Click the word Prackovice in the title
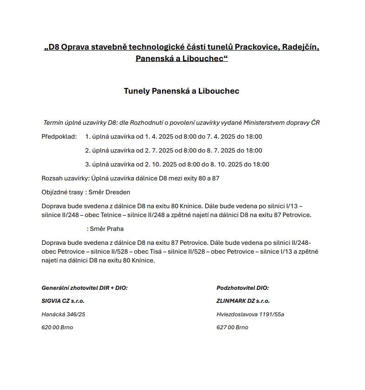257,47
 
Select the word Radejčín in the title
301,47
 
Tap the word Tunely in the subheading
137,91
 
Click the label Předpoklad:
59,137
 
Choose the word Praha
115,229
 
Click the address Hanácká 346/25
63,314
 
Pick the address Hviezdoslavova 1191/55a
250,314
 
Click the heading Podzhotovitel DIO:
242,288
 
